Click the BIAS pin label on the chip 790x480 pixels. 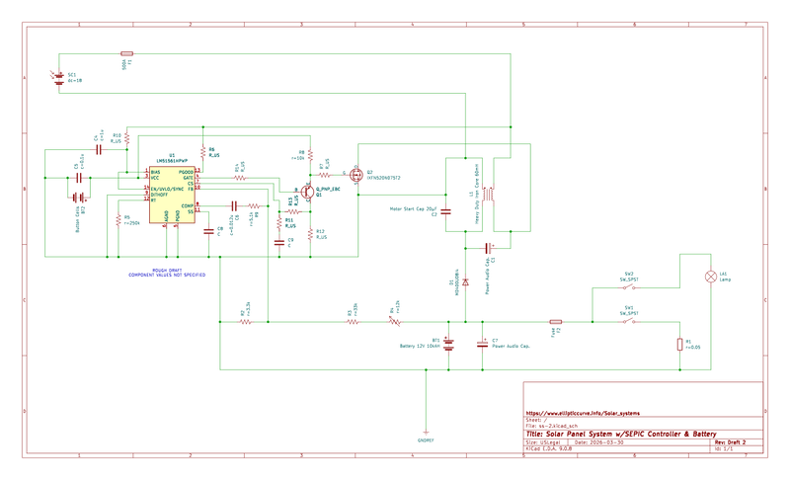pyautogui.click(x=156, y=173)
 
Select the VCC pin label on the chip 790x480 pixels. pyautogui.click(x=155, y=179)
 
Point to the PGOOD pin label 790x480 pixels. pyautogui.click(x=186, y=173)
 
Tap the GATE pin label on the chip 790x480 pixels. pyautogui.click(x=188, y=179)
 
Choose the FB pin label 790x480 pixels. pyautogui.click(x=191, y=189)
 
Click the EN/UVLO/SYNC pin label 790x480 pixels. pyautogui.click(x=166, y=189)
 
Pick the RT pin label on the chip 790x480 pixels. pyautogui.click(x=153, y=200)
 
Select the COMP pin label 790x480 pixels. pyautogui.click(x=187, y=205)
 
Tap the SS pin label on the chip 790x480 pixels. pyautogui.click(x=191, y=211)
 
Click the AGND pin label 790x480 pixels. pyautogui.click(x=166, y=215)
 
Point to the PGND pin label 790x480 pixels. pyautogui.click(x=178, y=215)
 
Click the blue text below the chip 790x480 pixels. pyautogui.click(x=166, y=274)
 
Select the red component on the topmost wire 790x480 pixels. pyautogui.click(x=126, y=53)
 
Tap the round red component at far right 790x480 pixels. pyautogui.click(x=710, y=277)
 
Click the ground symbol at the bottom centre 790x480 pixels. pyautogui.click(x=426, y=436)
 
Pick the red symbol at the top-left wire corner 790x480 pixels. pyautogui.click(x=57, y=75)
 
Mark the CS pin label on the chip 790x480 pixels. pyautogui.click(x=190, y=184)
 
